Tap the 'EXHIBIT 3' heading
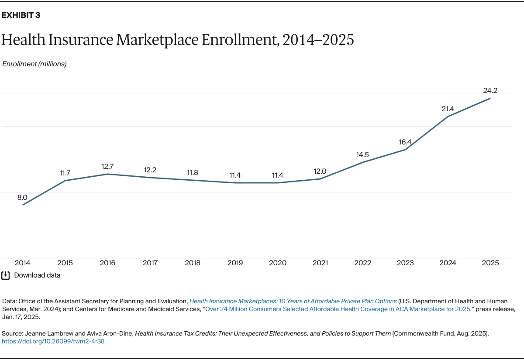click(x=21, y=15)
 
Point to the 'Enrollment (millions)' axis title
click(x=34, y=64)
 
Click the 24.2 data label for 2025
click(x=490, y=91)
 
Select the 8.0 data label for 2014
click(x=22, y=198)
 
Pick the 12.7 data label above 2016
click(x=107, y=166)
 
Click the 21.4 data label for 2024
click(x=448, y=109)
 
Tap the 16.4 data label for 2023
click(x=405, y=142)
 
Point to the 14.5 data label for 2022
click(x=362, y=154)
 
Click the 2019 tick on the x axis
click(x=235, y=263)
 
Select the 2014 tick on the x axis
click(x=22, y=263)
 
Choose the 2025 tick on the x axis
click(x=490, y=263)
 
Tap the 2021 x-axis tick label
click(x=320, y=263)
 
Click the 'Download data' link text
click(x=37, y=275)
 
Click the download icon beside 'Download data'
click(x=6, y=275)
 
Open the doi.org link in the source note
click(x=53, y=342)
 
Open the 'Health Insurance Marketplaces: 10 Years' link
click(x=293, y=302)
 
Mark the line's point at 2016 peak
click(x=107, y=174)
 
